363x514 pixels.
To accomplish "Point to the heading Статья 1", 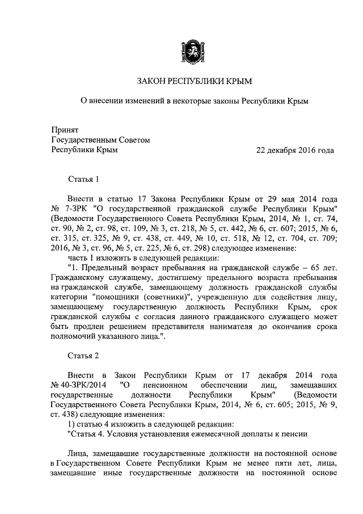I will click(x=83, y=179).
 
